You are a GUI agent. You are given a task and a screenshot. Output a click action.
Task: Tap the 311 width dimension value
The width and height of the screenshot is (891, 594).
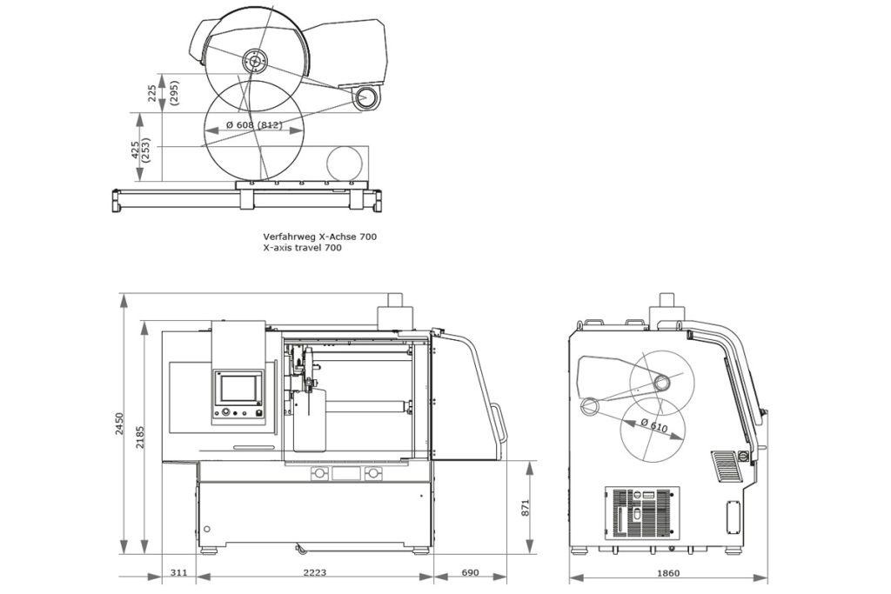[x=178, y=573]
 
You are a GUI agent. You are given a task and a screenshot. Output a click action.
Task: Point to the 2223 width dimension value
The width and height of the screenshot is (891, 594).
[x=314, y=573]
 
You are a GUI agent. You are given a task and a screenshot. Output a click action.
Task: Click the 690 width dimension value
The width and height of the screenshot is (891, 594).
[x=469, y=573]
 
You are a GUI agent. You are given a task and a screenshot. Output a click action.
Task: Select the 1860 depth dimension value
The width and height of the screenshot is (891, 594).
[x=668, y=573]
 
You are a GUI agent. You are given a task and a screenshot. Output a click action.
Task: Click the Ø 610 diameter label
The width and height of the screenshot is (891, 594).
[x=654, y=426]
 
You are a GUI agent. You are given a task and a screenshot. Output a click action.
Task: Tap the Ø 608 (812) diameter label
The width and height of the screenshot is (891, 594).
[x=253, y=126]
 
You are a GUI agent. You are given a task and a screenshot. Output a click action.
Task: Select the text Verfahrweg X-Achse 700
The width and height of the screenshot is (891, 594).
[x=320, y=236]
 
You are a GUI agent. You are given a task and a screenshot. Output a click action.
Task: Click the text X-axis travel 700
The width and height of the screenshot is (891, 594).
[x=302, y=248]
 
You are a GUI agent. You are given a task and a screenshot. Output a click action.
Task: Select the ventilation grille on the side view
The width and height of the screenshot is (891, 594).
[x=641, y=513]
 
